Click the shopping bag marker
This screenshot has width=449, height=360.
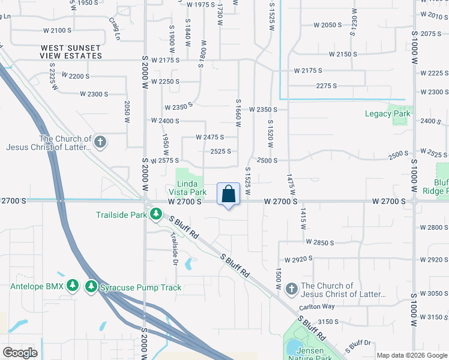(228, 194)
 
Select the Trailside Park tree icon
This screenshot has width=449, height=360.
(156, 214)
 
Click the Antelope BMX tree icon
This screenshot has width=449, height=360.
(72, 287)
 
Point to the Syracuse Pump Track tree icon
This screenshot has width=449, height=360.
(91, 287)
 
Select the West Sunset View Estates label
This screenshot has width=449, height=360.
(71, 51)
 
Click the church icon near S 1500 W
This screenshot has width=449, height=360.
(291, 290)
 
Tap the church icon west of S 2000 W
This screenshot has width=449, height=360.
(100, 142)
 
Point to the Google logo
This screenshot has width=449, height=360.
(20, 353)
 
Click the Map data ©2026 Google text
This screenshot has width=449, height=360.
(412, 355)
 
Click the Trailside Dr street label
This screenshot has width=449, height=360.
(174, 242)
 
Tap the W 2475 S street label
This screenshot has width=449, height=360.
(210, 137)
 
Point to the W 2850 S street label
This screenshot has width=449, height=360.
(319, 242)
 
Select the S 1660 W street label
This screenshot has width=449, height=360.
(239, 113)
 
